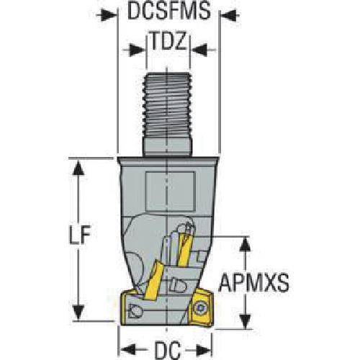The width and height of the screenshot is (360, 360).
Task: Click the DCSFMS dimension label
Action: coord(169,12)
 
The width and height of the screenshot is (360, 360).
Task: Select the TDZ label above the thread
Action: coord(168,41)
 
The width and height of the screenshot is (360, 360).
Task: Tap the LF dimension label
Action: coord(80,235)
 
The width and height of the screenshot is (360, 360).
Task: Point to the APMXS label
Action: coord(254,283)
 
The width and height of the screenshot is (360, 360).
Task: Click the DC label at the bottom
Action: coord(168,350)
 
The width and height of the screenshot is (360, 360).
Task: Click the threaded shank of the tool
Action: coord(167,105)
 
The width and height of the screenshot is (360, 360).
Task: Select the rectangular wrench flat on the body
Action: coord(170,192)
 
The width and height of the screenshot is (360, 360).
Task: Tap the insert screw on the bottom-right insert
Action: coord(200,307)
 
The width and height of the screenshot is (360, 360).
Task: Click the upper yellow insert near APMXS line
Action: coord(184,250)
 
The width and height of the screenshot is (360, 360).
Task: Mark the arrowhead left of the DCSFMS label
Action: coord(107,15)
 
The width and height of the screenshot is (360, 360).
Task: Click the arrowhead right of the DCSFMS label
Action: coord(230,15)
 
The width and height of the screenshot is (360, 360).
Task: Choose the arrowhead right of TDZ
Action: coord(199,50)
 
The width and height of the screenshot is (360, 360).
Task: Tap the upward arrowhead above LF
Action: coord(78,167)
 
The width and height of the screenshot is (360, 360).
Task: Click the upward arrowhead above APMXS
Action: coord(245,244)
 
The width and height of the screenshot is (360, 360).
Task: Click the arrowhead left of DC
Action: coord(128,349)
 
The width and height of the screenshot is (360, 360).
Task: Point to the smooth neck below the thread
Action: coord(168,147)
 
